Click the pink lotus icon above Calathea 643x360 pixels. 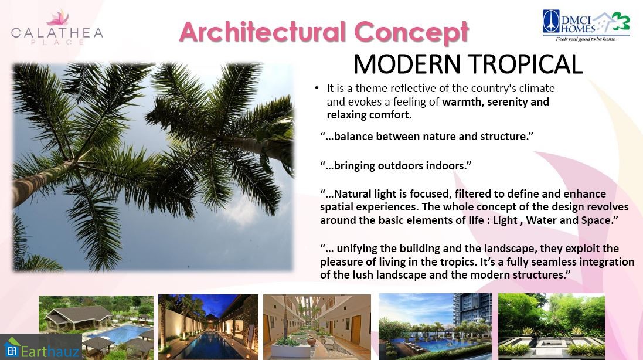(57, 18)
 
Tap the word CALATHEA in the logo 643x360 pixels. (57, 33)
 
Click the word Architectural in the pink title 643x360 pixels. (263, 32)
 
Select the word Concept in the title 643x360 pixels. (411, 33)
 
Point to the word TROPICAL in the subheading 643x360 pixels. (525, 64)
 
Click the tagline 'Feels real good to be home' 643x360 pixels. (586, 39)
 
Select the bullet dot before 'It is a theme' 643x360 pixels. (317, 88)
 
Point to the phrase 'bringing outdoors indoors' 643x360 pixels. (395, 166)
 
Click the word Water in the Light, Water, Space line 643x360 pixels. (540, 220)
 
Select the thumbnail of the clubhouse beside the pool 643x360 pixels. (96, 327)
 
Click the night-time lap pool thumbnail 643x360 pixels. (208, 327)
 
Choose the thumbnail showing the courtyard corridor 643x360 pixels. (317, 327)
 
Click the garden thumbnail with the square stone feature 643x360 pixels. (552, 327)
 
